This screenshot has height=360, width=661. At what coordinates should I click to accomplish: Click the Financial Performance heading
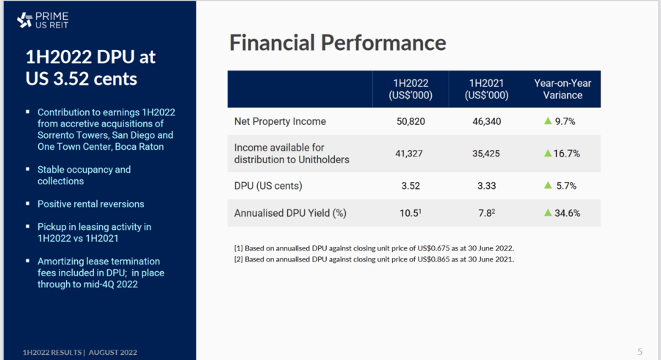(338, 43)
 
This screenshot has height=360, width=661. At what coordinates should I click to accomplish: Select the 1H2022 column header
(411, 89)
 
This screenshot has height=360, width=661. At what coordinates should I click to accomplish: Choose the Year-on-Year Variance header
(562, 89)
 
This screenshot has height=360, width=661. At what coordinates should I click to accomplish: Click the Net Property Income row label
(280, 121)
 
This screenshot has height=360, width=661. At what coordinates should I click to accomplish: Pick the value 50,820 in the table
(411, 121)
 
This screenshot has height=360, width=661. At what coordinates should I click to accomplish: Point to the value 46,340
(487, 121)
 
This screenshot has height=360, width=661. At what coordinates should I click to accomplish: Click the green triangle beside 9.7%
(547, 120)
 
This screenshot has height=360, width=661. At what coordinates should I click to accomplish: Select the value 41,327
(411, 154)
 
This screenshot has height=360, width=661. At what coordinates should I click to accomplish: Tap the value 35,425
(487, 154)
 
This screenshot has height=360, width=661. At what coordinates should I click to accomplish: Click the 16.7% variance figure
(566, 154)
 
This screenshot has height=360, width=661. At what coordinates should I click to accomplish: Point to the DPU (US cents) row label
(268, 186)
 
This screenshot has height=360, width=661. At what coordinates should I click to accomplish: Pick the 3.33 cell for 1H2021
(487, 186)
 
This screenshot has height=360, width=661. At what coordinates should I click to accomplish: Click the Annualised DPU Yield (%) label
(289, 214)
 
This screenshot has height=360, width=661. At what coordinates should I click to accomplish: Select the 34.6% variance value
(566, 214)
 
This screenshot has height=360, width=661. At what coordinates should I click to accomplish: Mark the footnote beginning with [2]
(374, 259)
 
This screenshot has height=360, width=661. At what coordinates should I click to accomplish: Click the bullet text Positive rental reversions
(91, 204)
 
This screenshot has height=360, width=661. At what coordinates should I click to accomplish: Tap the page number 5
(640, 351)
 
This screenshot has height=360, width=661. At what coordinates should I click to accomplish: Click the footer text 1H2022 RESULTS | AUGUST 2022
(80, 352)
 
